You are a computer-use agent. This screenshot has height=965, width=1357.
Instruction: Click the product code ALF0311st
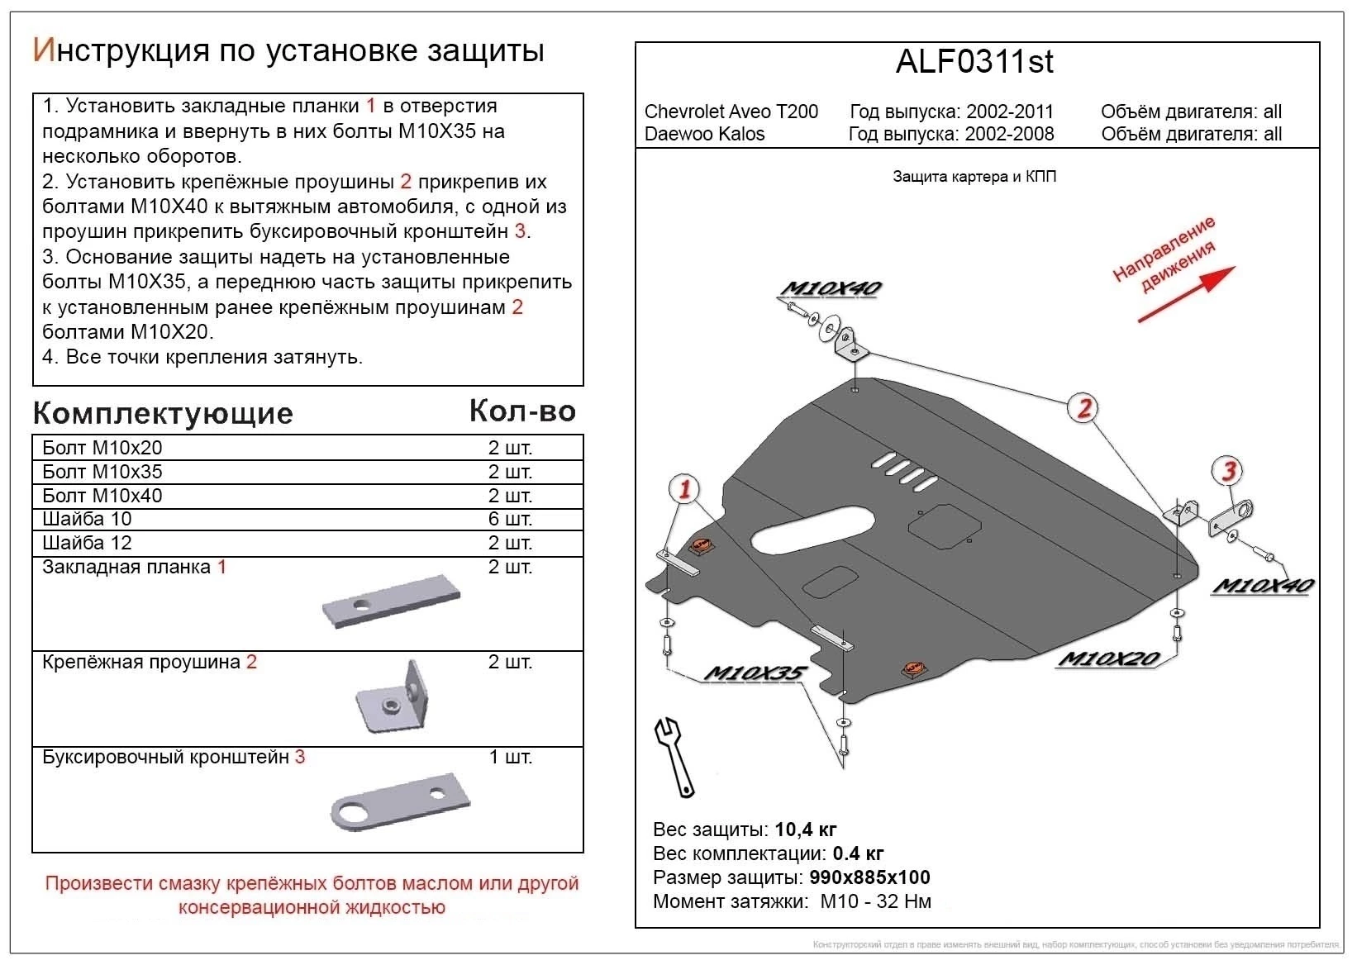(975, 63)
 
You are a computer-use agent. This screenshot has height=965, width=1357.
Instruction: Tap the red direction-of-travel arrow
(1188, 294)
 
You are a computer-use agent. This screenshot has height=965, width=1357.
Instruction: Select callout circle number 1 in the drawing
(684, 489)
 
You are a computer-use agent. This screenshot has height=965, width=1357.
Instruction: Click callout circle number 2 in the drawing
(1083, 407)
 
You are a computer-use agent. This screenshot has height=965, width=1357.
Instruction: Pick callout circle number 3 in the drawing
(1229, 471)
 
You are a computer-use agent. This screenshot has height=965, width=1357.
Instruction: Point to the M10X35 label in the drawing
(753, 673)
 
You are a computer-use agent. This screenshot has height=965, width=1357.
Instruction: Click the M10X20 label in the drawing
(1107, 658)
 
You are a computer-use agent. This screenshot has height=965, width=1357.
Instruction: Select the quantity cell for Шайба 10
(510, 519)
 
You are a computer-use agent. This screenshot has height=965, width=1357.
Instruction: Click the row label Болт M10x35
(102, 472)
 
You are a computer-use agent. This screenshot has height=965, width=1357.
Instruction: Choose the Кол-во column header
(522, 411)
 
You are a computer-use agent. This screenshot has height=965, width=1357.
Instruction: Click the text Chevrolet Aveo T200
(731, 112)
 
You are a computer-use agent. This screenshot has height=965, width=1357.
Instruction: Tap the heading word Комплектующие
(163, 413)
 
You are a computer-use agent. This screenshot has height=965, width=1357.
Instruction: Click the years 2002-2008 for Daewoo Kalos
(1010, 134)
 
